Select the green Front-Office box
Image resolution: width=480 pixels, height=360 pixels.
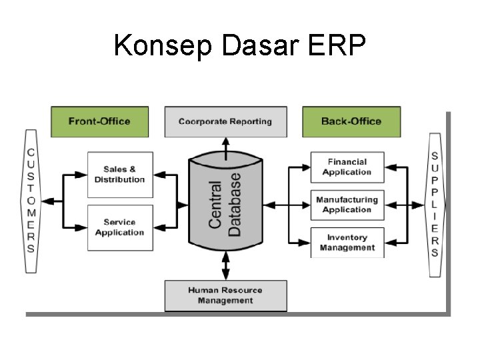99,121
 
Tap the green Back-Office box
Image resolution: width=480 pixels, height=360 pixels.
351,121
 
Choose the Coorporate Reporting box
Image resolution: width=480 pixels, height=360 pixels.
225,121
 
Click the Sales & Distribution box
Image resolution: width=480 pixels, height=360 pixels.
119,175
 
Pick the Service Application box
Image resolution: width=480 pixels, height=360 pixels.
119,227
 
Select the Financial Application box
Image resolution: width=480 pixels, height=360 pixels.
347,167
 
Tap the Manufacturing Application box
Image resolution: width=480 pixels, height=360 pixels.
347,205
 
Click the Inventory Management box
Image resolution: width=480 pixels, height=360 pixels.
347,243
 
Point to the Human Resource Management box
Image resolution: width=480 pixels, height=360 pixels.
225,295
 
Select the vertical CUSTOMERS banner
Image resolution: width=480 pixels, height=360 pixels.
31,201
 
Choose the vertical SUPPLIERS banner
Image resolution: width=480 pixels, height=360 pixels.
435,205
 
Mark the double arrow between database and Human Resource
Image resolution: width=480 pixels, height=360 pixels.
225,265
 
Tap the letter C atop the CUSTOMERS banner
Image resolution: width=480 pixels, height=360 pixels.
31,153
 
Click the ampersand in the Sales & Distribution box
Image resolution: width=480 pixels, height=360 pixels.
132,169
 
